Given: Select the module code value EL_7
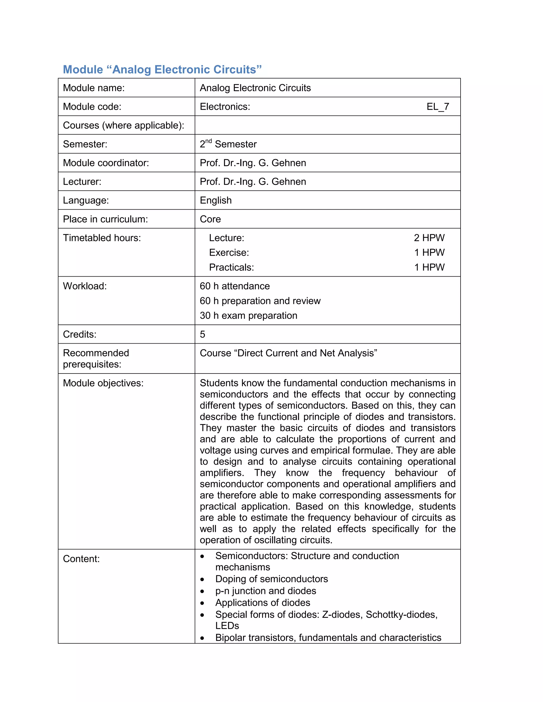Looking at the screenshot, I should (437, 107).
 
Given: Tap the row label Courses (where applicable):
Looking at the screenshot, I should (124, 125).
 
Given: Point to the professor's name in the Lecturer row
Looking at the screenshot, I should (253, 182).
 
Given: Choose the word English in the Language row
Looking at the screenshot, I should (216, 200).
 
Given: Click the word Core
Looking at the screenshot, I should (210, 219).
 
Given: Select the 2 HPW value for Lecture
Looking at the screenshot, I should (429, 238).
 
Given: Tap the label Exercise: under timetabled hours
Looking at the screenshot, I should (229, 253).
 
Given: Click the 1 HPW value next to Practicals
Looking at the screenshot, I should (429, 268).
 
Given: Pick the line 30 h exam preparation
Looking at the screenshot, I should (248, 316).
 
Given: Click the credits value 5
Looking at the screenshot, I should (202, 334).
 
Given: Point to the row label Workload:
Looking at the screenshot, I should (85, 286).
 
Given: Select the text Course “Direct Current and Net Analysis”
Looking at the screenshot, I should (288, 353).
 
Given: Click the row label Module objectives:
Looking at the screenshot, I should (103, 383).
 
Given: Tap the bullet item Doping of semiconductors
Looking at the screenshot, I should (271, 579).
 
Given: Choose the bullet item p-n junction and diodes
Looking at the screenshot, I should (266, 591).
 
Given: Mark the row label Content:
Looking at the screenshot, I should (81, 559).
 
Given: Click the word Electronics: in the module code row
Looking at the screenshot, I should (225, 107).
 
